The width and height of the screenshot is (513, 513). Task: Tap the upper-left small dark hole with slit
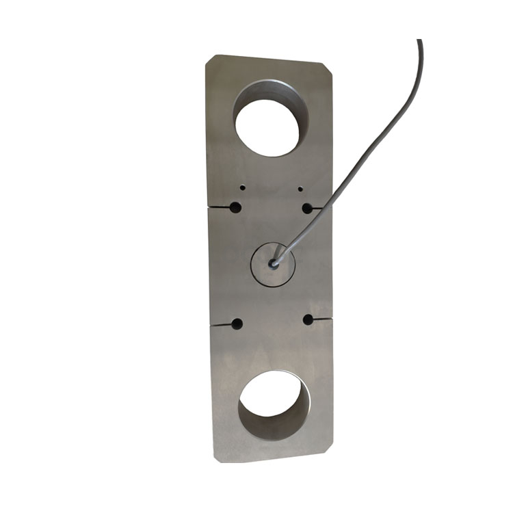(235, 207)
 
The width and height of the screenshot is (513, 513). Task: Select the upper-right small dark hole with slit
(307, 207)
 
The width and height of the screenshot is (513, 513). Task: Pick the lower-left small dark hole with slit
(237, 324)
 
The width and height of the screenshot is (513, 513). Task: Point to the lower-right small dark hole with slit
(308, 319)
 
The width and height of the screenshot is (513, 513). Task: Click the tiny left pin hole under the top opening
(242, 187)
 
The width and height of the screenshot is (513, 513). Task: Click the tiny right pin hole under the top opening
(300, 187)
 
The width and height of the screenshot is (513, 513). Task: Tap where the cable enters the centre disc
(274, 263)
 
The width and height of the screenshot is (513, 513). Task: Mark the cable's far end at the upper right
(420, 42)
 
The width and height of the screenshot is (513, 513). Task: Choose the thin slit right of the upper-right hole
(322, 205)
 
